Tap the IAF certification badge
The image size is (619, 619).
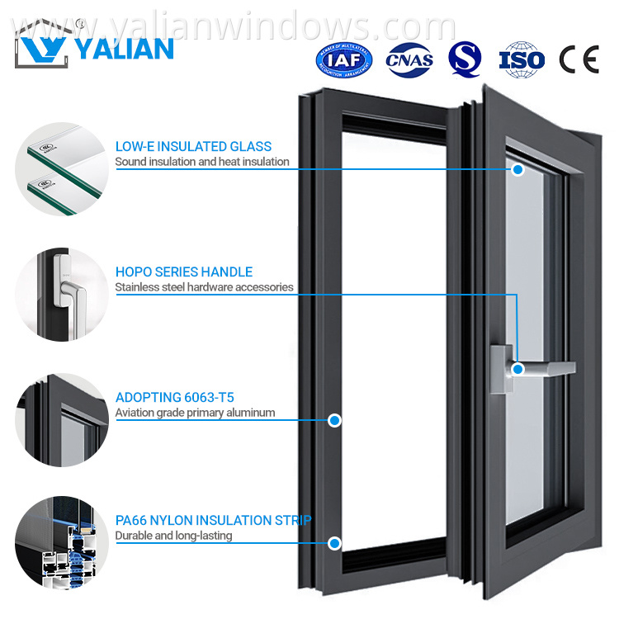click(344, 59)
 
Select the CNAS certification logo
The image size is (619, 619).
click(410, 59)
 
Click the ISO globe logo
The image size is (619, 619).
click(522, 59)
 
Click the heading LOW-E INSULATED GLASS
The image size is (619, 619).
click(193, 147)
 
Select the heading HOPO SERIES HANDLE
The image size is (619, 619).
click(183, 272)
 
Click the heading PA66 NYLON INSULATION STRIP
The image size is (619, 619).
click(213, 521)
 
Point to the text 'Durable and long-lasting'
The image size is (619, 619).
click(173, 536)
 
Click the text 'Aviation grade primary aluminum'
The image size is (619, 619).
click(195, 412)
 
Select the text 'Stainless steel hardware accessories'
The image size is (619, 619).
click(204, 287)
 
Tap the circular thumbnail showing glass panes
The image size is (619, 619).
click(62, 169)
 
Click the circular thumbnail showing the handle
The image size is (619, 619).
click(62, 295)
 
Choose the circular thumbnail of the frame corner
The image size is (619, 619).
click(62, 420)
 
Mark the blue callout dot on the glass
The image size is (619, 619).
click(517, 169)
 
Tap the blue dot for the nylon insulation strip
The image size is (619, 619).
click(334, 543)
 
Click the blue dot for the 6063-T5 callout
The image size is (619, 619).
click(334, 420)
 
